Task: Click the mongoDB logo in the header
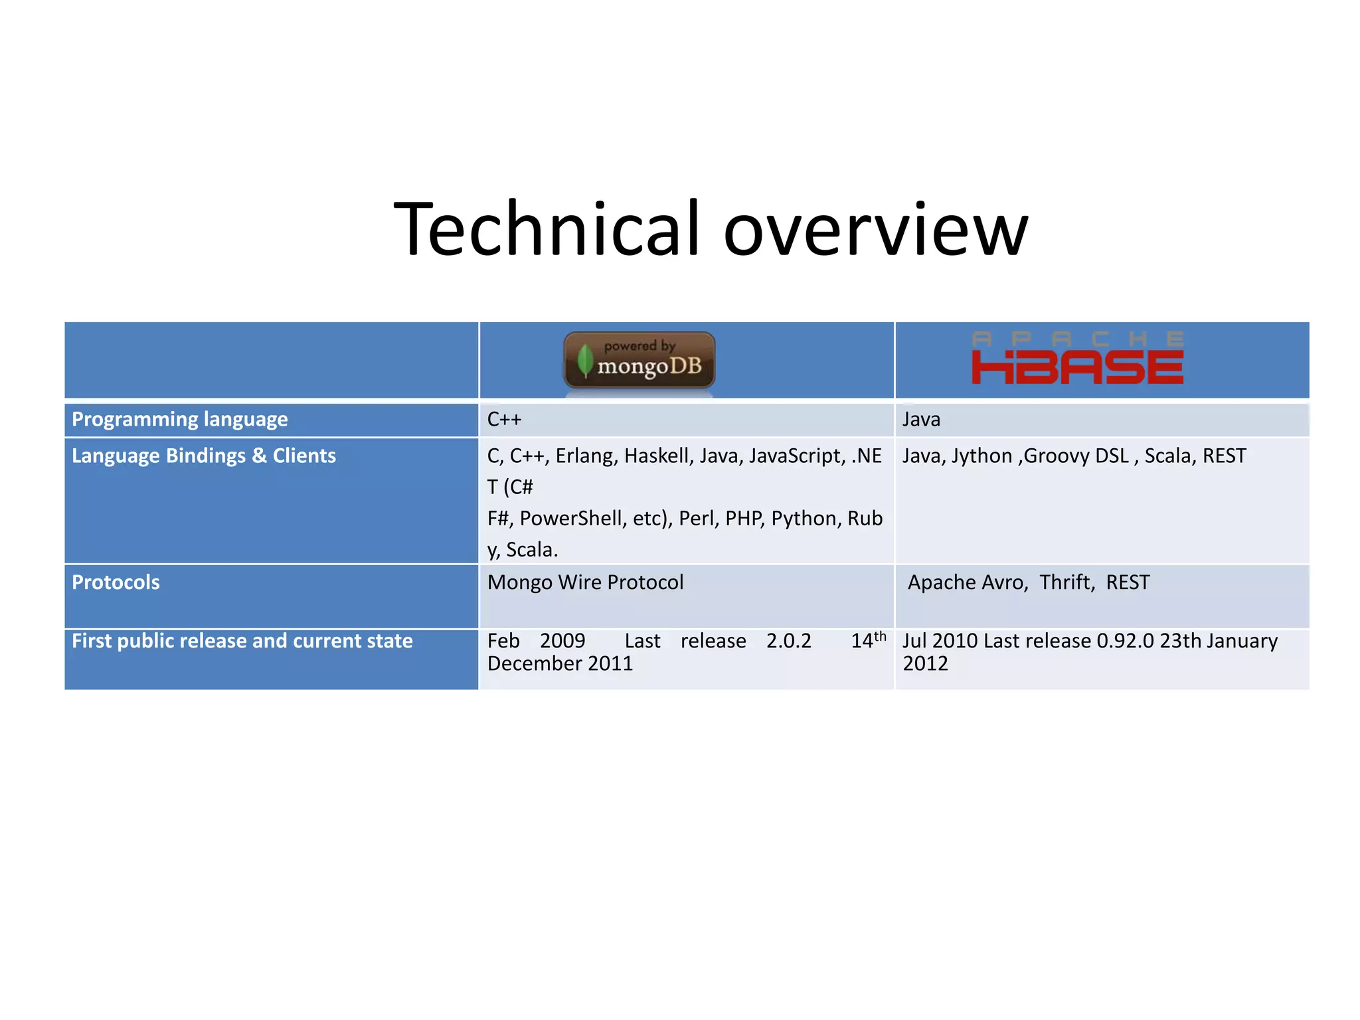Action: (x=639, y=360)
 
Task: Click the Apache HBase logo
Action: (x=1077, y=359)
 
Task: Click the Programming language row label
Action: (x=179, y=420)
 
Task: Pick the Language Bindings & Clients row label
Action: (x=203, y=456)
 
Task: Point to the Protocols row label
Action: (x=116, y=582)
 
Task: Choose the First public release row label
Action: (x=242, y=641)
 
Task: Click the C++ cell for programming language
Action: (x=504, y=420)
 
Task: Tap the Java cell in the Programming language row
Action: (x=921, y=420)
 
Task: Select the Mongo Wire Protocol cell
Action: (x=585, y=582)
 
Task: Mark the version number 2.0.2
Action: (x=788, y=641)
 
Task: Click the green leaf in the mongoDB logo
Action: (x=584, y=361)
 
